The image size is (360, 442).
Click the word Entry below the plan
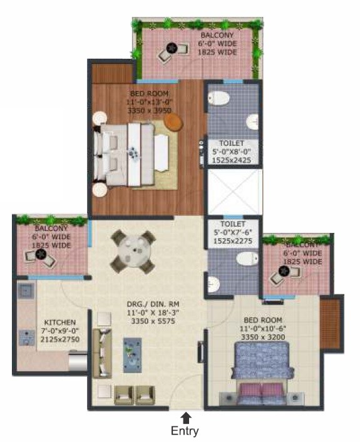click(185, 431)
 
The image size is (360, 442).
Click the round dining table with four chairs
click(132, 250)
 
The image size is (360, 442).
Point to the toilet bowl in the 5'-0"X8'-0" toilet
click(219, 98)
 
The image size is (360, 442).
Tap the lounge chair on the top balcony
click(169, 52)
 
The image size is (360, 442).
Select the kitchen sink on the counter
click(26, 291)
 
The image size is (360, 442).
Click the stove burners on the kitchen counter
click(26, 337)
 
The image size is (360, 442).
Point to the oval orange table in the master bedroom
click(173, 123)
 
